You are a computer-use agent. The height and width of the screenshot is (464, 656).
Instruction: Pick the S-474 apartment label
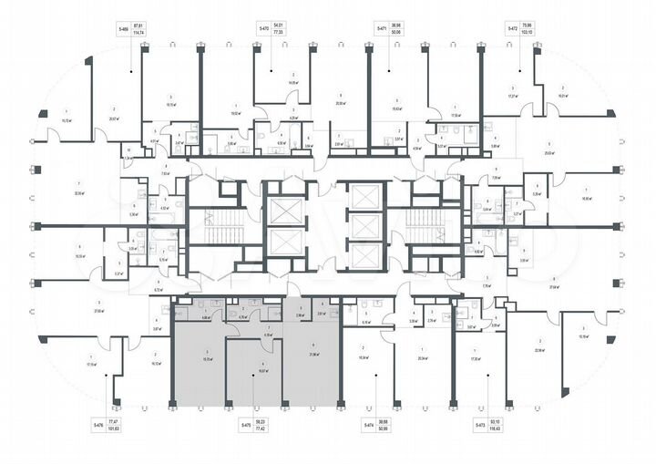pyautogui.click(x=369, y=426)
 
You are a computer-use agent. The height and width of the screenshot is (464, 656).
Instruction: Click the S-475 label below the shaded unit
pyautogui.click(x=247, y=426)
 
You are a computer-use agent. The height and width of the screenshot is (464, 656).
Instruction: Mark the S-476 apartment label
pyautogui.click(x=96, y=426)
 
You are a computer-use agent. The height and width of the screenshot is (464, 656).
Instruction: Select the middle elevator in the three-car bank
pyautogui.click(x=367, y=227)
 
